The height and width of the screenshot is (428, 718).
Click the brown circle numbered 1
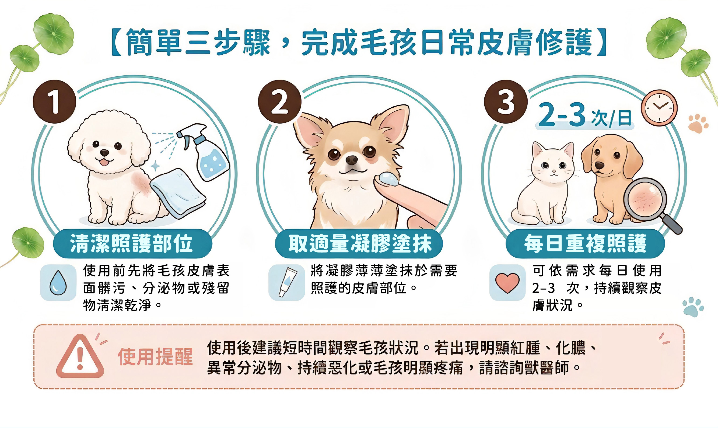[x=54, y=102]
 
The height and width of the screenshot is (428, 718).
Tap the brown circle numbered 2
[x=279, y=102]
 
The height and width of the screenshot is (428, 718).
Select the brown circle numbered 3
[x=506, y=102]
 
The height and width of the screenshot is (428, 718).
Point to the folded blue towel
[x=178, y=193]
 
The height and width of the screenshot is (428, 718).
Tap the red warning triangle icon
[x=80, y=356]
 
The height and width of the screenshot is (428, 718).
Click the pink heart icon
[x=507, y=283]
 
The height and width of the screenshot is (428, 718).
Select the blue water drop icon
[x=58, y=283]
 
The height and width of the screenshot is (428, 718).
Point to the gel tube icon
[x=288, y=282]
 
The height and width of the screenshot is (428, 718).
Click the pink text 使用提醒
[x=155, y=357]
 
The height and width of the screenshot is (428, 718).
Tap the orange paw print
[x=698, y=124]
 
